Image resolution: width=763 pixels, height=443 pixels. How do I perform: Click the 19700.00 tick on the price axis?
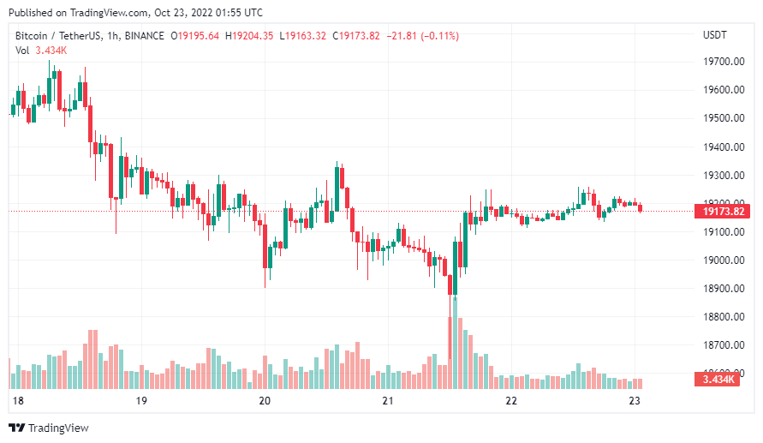pos(721,62)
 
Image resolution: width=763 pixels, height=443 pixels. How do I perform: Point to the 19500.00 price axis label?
pos(721,118)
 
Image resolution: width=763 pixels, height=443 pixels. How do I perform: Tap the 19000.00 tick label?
pos(721,260)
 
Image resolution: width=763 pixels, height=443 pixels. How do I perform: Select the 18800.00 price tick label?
pos(721,317)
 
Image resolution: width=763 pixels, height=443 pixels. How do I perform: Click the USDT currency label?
pos(714,35)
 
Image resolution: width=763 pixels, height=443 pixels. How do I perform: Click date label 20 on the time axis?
pos(265,401)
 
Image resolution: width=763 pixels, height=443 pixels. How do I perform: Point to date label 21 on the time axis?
pos(388,401)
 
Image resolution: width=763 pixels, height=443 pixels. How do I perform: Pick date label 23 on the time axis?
pos(635,401)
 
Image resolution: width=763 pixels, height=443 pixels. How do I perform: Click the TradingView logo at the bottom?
pos(49,428)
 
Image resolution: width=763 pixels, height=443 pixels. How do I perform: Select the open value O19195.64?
pos(195,36)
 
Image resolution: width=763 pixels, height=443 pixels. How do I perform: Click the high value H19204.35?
pos(249,36)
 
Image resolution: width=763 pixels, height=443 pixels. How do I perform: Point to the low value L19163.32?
pos(302,36)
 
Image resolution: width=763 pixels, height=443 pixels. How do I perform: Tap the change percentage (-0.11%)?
pos(437,36)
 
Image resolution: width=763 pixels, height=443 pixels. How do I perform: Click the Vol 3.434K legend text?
pos(41,51)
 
